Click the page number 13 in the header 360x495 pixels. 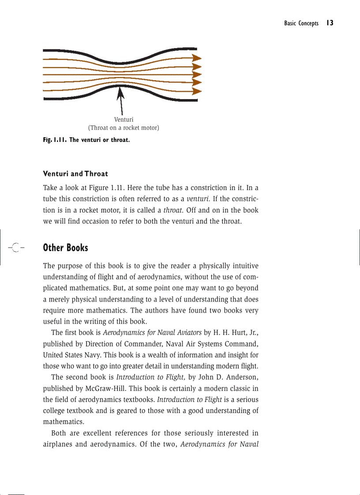pyautogui.click(x=330, y=23)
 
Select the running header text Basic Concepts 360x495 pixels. pyautogui.click(x=301, y=23)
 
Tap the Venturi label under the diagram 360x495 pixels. pyautogui.click(x=124, y=119)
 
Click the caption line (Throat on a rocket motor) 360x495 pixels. pyautogui.click(x=124, y=128)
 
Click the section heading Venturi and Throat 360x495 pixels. pyautogui.click(x=75, y=174)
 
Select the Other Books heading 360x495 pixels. pyautogui.click(x=65, y=248)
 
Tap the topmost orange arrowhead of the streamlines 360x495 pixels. pyautogui.click(x=197, y=58)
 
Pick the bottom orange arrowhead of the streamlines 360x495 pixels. pyautogui.click(x=197, y=91)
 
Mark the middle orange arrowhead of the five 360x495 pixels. pyautogui.click(x=197, y=74)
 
